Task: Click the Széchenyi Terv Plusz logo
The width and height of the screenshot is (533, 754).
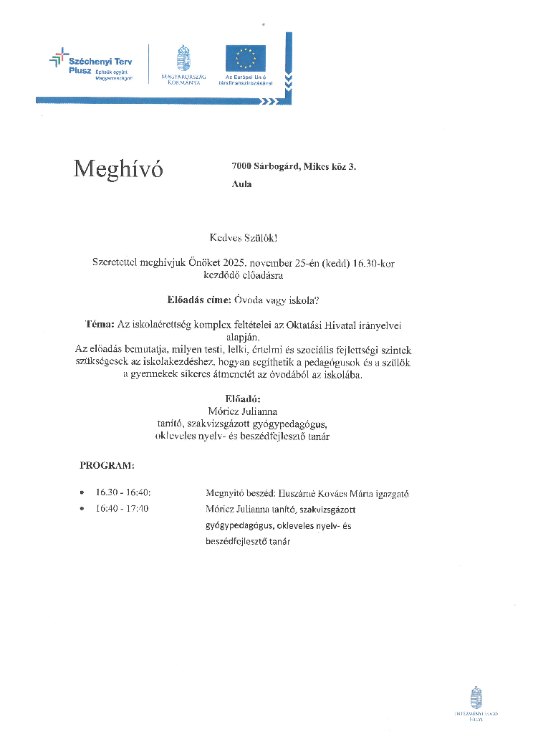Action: [x=91, y=65]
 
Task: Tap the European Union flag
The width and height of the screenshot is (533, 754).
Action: [x=245, y=58]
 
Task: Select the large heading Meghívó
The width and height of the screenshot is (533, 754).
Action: [x=118, y=169]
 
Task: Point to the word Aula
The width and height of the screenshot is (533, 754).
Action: [x=242, y=184]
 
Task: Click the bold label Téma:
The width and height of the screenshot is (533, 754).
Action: [x=100, y=325]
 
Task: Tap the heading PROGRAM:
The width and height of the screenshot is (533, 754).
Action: [x=106, y=466]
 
